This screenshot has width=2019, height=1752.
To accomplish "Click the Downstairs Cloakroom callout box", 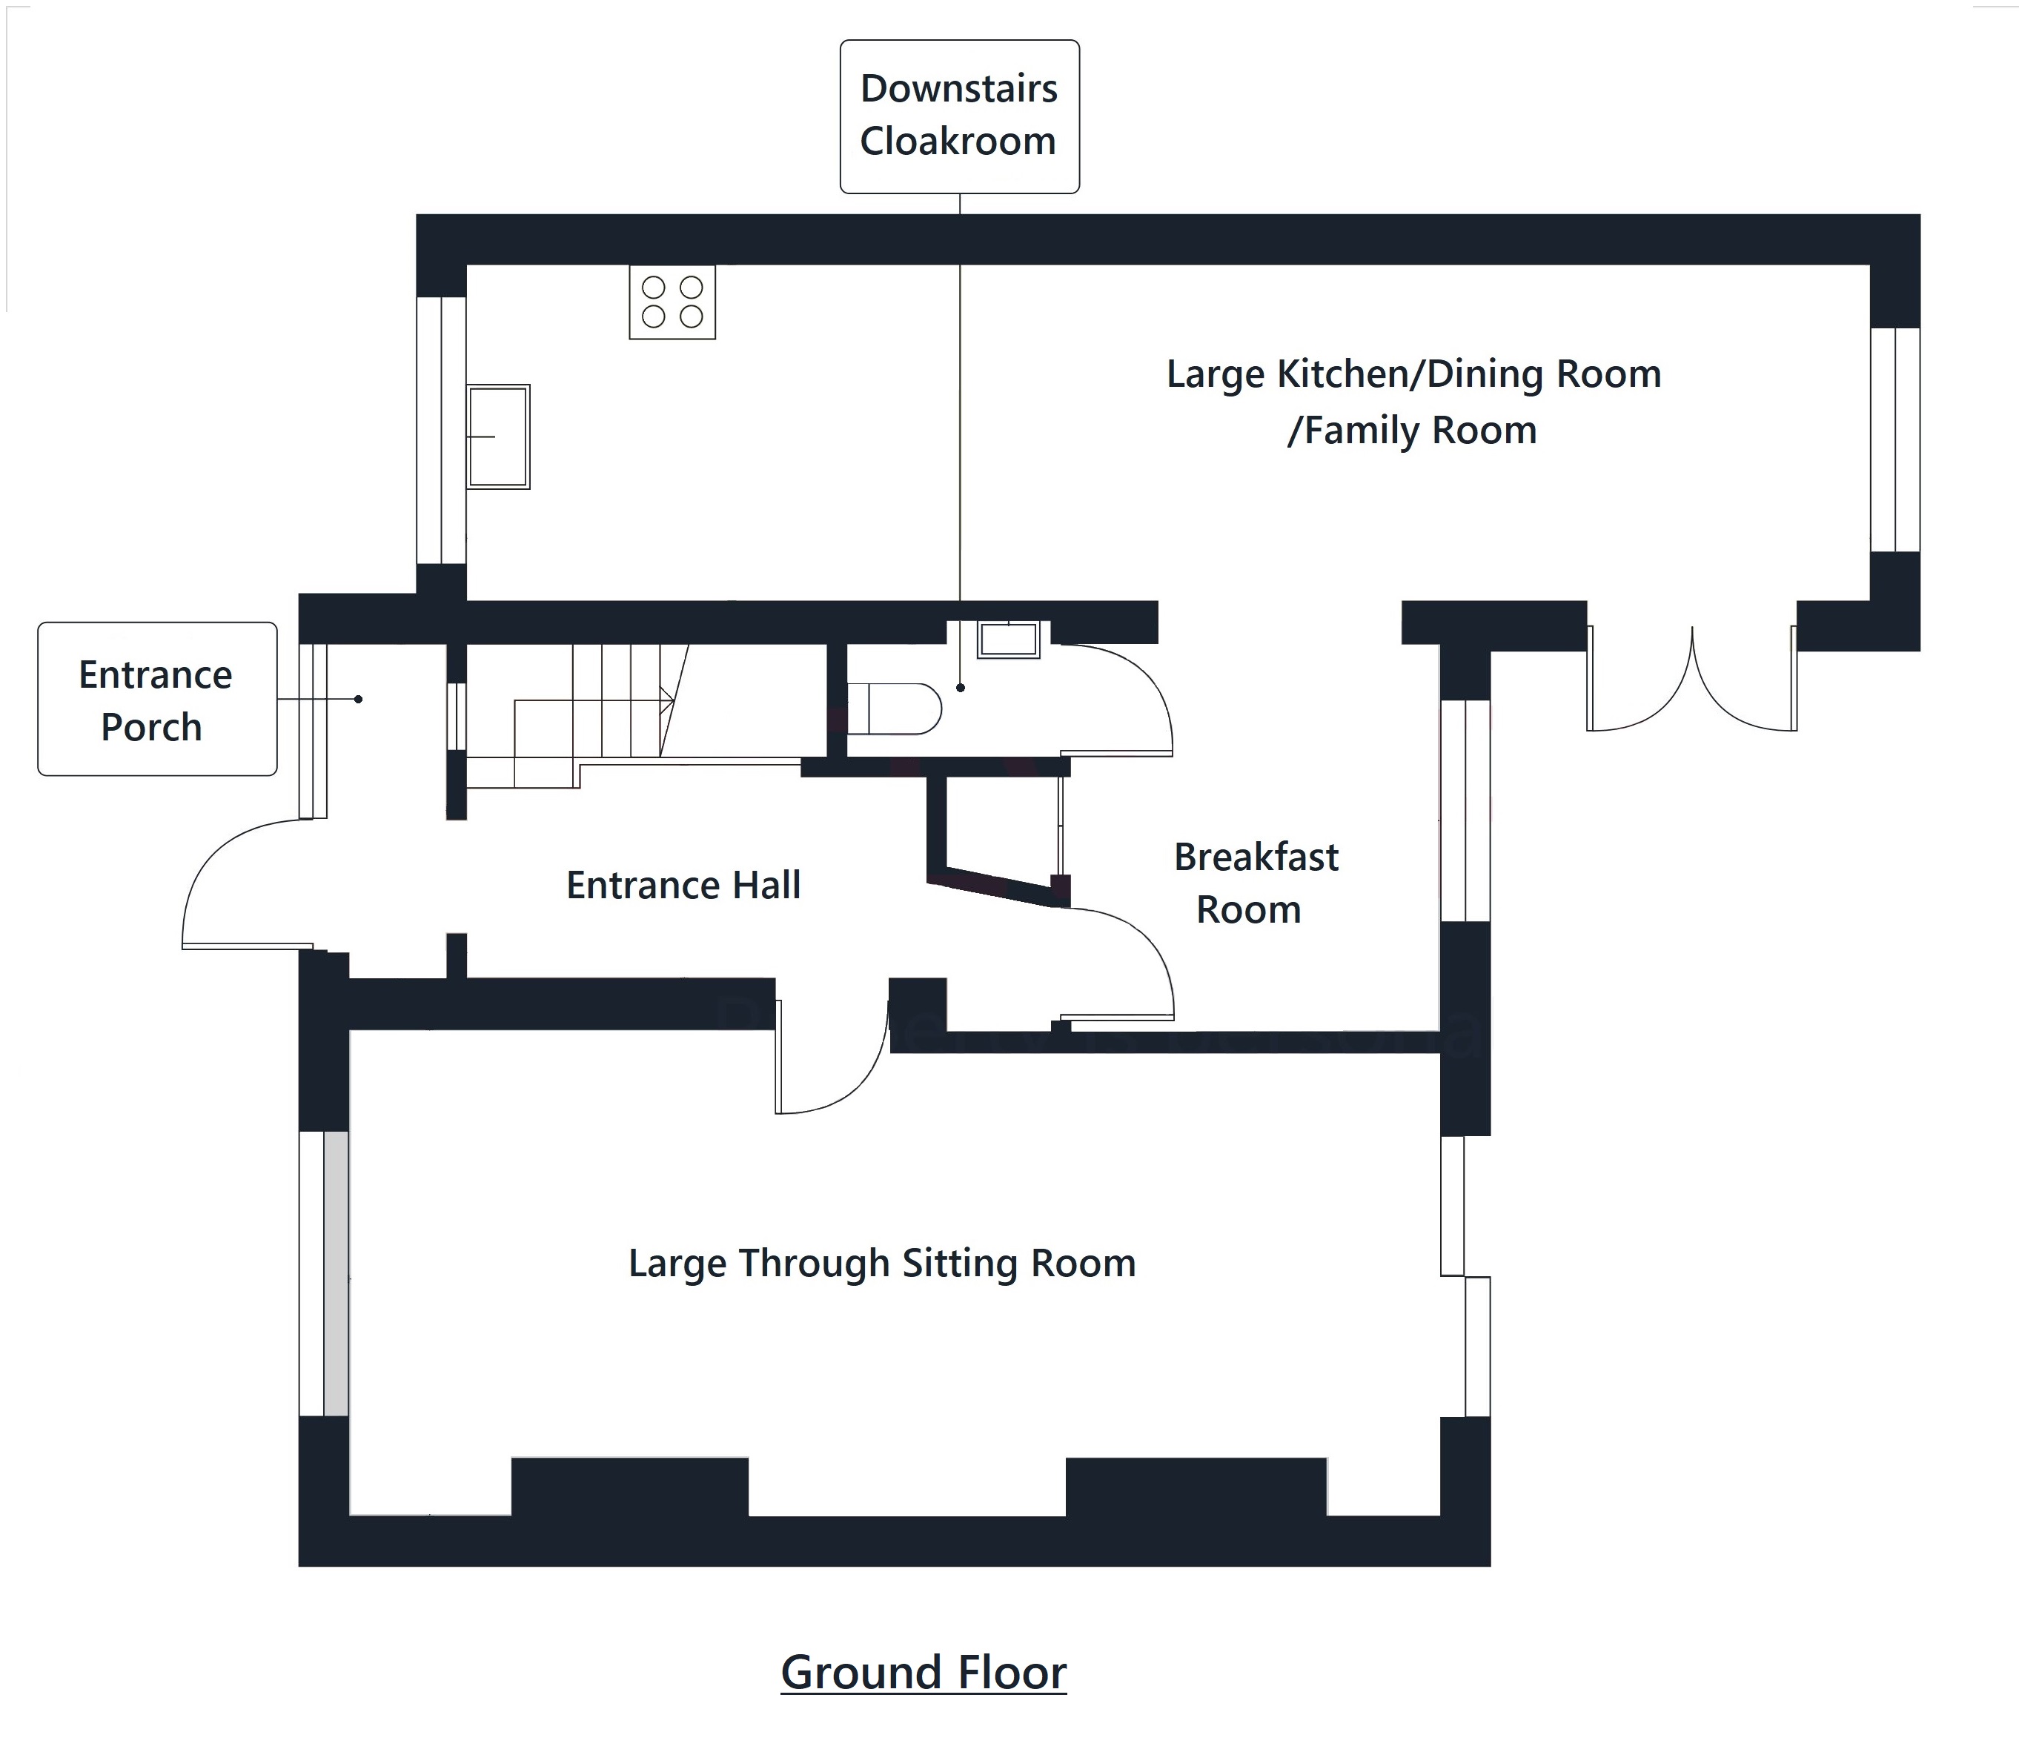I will [x=959, y=116].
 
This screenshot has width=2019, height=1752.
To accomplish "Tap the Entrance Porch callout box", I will [x=156, y=699].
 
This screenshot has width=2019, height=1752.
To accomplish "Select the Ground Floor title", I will [x=923, y=1672].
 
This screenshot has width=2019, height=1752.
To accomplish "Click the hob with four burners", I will [x=672, y=302].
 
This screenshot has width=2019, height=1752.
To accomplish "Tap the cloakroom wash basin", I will [x=1008, y=640].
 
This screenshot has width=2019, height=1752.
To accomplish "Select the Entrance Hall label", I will [x=683, y=885].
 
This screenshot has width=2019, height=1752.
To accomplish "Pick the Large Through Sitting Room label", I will [x=882, y=1263].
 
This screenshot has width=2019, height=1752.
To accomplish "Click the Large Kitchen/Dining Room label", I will [x=1413, y=401].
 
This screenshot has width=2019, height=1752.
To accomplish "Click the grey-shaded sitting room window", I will [x=335, y=1273].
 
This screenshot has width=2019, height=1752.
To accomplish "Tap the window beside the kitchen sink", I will [x=441, y=430].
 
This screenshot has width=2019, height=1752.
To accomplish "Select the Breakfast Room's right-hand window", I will [x=1465, y=811].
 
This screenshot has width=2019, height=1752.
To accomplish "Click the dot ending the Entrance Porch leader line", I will [x=359, y=699].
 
